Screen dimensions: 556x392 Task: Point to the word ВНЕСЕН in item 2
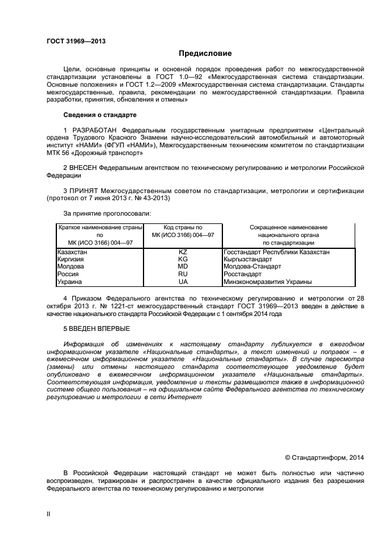(x=83, y=168)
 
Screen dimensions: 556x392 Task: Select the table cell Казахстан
(x=72, y=252)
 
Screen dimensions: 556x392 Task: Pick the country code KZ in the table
(x=183, y=252)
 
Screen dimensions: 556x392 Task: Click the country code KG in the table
(x=183, y=260)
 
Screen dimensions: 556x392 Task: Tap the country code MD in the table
(x=183, y=267)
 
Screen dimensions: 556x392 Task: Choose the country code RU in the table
(x=183, y=274)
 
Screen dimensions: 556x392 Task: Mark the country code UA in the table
(x=183, y=282)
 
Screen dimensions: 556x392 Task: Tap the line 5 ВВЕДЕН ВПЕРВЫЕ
(x=96, y=328)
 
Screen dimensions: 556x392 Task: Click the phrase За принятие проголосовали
(x=107, y=213)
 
